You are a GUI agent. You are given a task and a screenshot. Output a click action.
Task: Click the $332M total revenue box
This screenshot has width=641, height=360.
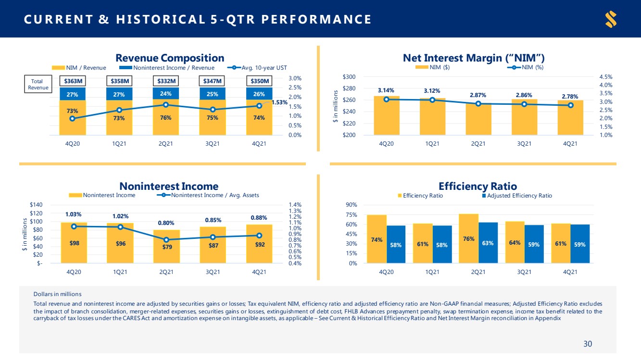tap(166, 81)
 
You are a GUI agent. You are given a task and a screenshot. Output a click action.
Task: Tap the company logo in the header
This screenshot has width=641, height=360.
tap(611, 19)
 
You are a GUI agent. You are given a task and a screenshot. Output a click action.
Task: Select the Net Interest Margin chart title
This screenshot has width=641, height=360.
tap(474, 58)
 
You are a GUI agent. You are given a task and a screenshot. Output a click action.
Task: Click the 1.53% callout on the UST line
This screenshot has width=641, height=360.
tap(279, 102)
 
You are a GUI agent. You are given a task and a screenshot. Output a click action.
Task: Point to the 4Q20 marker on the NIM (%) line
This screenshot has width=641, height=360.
tap(386, 99)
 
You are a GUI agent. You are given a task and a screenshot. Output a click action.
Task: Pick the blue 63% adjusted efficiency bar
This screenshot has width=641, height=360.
tap(488, 243)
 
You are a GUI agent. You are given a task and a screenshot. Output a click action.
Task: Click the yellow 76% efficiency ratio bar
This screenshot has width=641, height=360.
tap(469, 238)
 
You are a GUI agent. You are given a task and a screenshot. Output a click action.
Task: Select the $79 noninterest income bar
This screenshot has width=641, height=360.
tap(166, 247)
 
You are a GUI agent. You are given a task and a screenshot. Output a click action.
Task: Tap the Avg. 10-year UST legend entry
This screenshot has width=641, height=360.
tap(257, 68)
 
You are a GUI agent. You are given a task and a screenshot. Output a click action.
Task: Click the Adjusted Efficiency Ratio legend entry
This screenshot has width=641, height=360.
tap(517, 196)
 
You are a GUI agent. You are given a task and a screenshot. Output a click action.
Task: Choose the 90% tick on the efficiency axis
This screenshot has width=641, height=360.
tap(352, 205)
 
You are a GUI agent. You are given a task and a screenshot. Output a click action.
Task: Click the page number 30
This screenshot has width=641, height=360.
tap(588, 344)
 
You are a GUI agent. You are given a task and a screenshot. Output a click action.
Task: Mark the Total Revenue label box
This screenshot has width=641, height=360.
tap(38, 84)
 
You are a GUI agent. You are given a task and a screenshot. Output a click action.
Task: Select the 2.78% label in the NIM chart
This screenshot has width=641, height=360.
tap(570, 96)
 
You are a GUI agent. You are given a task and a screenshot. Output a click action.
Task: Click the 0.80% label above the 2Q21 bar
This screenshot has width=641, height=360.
tap(166, 223)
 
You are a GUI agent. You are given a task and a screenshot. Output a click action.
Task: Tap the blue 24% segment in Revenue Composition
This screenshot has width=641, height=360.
tap(166, 94)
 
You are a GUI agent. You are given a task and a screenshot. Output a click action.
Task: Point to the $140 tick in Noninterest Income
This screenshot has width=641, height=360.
tap(36, 205)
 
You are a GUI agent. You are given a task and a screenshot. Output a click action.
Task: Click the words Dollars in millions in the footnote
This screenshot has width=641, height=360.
tap(57, 294)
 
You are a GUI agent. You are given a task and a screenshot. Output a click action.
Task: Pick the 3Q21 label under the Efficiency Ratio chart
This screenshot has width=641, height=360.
tap(524, 272)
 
